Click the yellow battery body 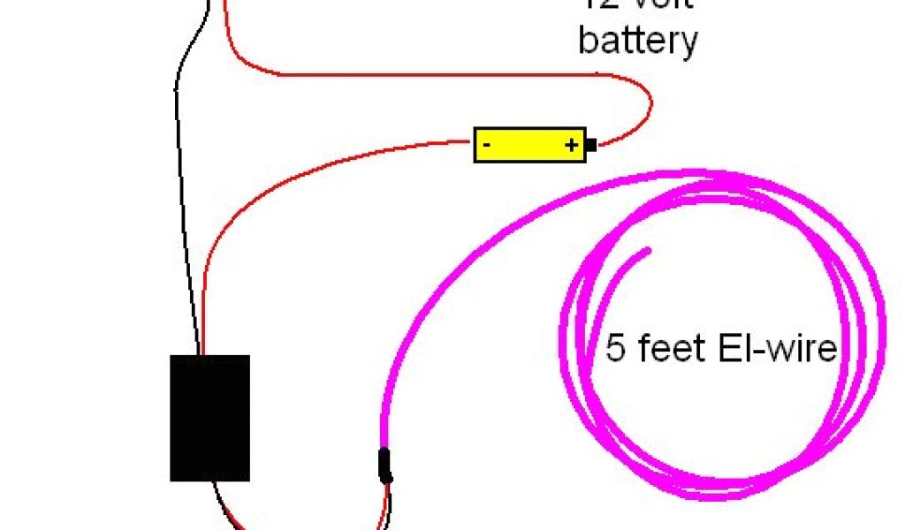[530, 145]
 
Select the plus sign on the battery [572, 145]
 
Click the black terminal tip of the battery [591, 145]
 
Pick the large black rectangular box [209, 418]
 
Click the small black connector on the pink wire [385, 466]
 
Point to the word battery [638, 41]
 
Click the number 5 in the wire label [615, 348]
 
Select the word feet [663, 348]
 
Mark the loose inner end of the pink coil [648, 252]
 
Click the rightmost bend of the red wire [651, 104]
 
